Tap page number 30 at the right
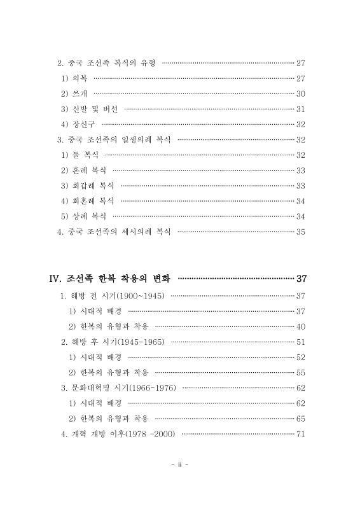(301, 94)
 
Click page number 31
(301, 109)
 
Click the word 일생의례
(137, 139)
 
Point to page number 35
(301, 231)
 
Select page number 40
(301, 326)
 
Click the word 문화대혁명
(92, 387)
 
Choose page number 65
(301, 418)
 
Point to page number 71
(301, 434)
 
